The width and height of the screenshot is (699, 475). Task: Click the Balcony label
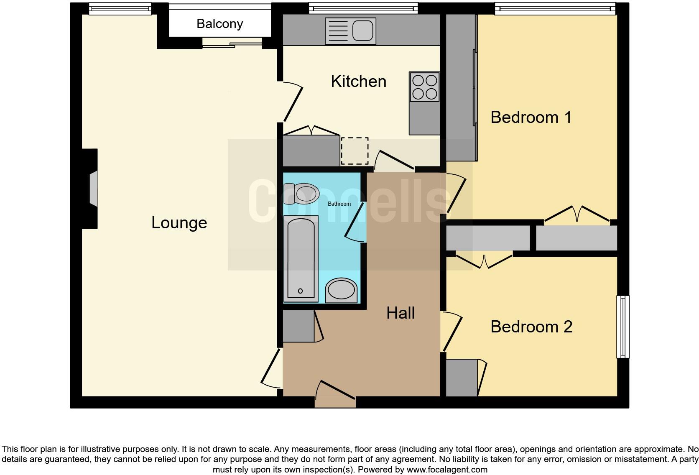pos(219,24)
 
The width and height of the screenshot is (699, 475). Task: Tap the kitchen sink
pos(350,31)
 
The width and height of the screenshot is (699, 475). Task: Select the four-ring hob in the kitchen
pos(425,87)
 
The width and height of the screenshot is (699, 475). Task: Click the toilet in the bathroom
pos(302,193)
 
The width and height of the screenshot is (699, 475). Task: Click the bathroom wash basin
pos(342,290)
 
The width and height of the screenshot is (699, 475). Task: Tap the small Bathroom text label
pos(339,204)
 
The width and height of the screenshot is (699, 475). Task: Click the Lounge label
pos(179,223)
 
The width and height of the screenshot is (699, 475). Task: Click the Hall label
pos(400,313)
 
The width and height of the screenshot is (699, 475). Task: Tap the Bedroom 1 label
pos(531,117)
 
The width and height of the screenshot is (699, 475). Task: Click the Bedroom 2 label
pos(531,327)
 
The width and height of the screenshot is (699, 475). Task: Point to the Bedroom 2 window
pos(623,327)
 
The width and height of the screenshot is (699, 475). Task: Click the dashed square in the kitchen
pos(355,151)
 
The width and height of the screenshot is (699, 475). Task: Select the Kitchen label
pos(358,82)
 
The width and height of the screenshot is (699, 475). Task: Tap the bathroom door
pos(355,222)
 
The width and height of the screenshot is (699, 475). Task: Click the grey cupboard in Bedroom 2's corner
pos(461,378)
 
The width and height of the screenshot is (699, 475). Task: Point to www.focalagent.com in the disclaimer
pos(447,470)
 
